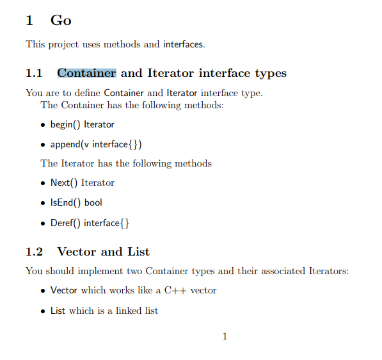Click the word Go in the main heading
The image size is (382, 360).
pos(61,20)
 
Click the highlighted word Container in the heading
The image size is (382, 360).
pos(86,73)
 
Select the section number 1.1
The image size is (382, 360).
pos(34,73)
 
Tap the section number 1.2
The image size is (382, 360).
pos(34,251)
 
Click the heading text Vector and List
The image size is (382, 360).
pos(104,251)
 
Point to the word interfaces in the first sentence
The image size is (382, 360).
pos(183,44)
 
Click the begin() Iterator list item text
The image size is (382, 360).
pos(83,124)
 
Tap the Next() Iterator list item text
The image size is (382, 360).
pos(83,183)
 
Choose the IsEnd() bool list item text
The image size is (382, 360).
pos(76,202)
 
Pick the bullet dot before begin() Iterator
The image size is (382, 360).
pos(43,125)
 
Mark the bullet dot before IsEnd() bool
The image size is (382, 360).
pos(43,203)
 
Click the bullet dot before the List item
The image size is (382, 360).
pos(43,311)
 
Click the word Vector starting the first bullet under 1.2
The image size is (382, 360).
pos(64,290)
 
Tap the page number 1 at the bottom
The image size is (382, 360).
pos(225,336)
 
